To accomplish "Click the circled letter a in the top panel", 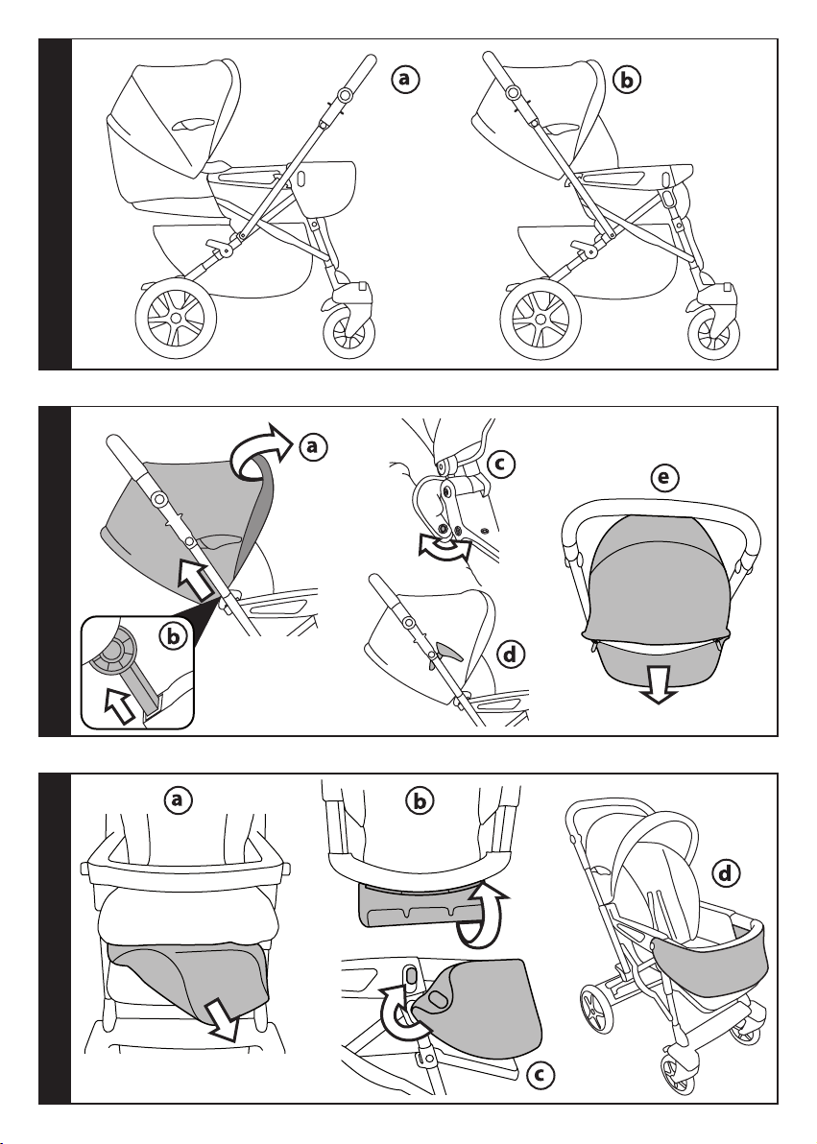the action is point(405,80).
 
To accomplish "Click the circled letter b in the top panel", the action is point(627,80).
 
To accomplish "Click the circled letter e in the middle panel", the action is point(664,478).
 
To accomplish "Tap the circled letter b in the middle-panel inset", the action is point(173,636).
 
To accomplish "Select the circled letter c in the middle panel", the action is point(500,464).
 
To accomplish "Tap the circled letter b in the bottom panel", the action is point(420,801).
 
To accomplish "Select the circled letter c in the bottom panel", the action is point(539,1073).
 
